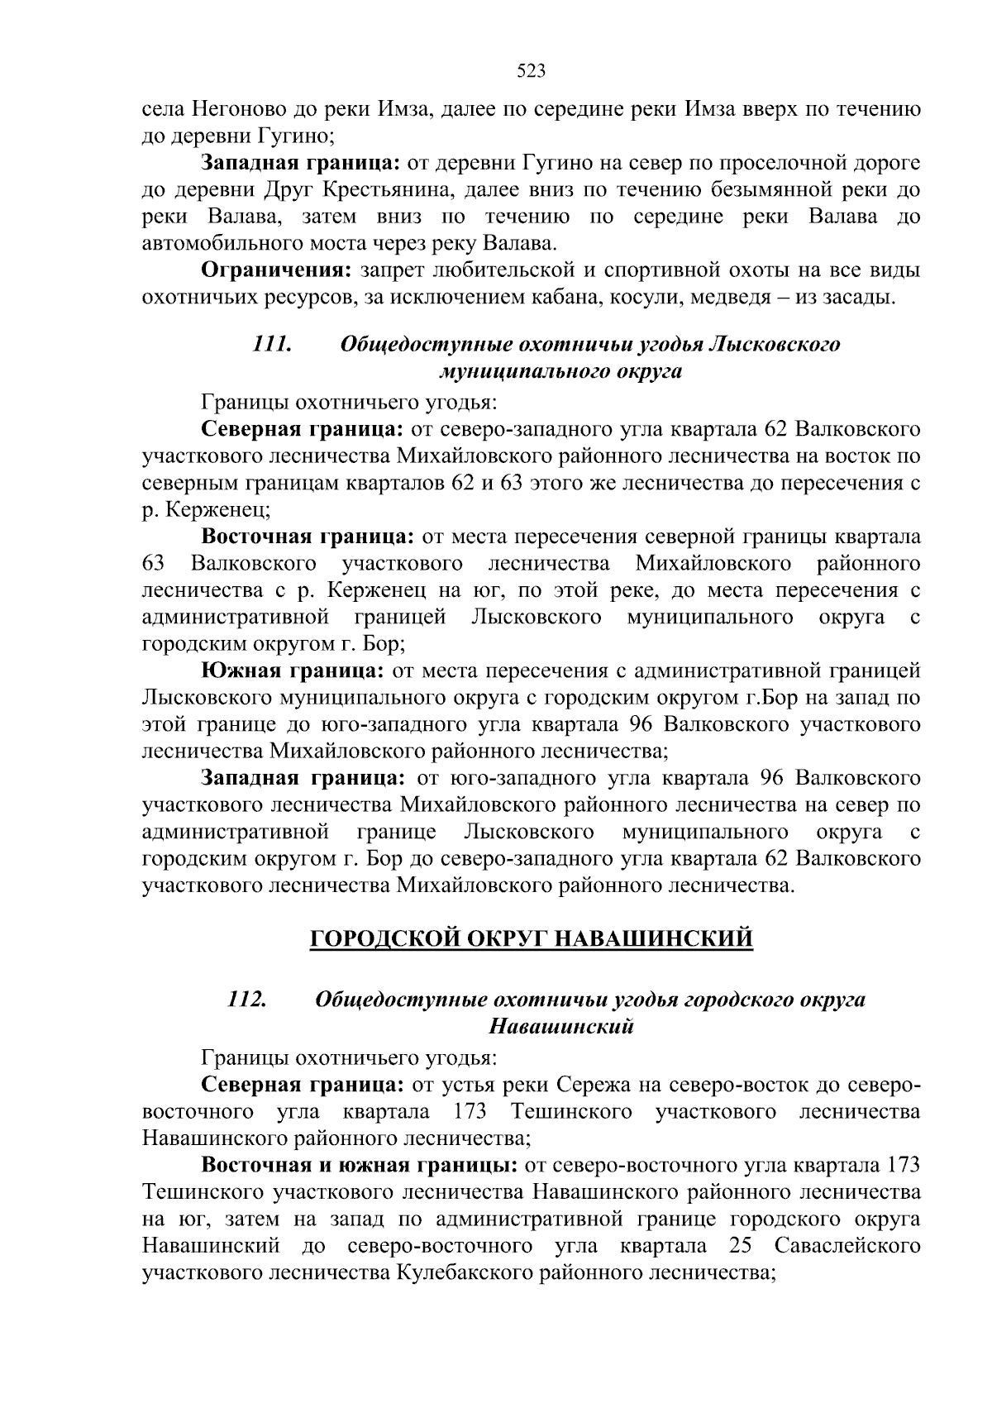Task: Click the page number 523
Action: (x=531, y=71)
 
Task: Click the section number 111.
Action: (x=272, y=344)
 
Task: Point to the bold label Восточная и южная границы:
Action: (x=360, y=1166)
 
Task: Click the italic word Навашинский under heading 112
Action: (x=561, y=1027)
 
